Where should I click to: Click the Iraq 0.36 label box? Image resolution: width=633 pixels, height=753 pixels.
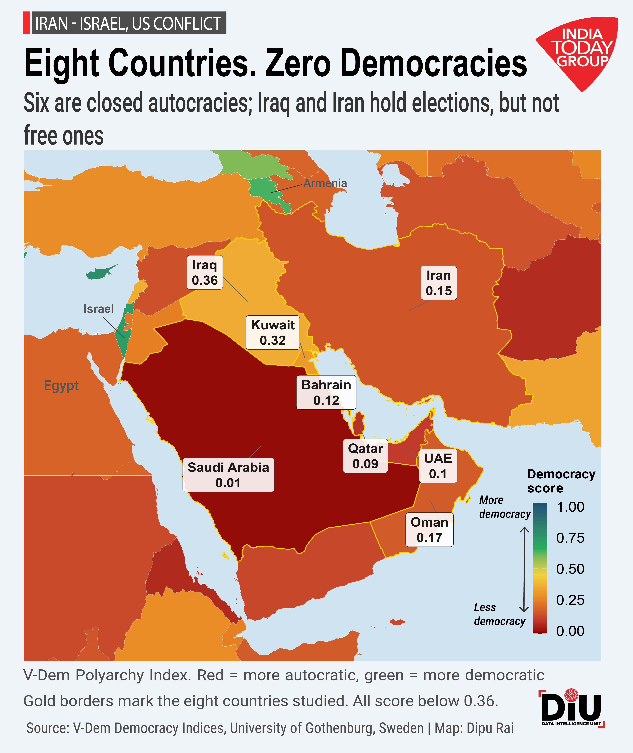pos(205,272)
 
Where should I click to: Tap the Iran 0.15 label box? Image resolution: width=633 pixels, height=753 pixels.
pos(438,283)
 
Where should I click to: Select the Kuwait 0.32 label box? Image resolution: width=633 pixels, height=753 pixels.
pos(272,332)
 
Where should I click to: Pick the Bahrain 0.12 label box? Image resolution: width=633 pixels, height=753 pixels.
pos(326,392)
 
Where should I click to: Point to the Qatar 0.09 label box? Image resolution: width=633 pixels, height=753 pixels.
pos(365,456)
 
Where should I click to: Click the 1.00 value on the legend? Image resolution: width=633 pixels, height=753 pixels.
pos(570,507)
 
